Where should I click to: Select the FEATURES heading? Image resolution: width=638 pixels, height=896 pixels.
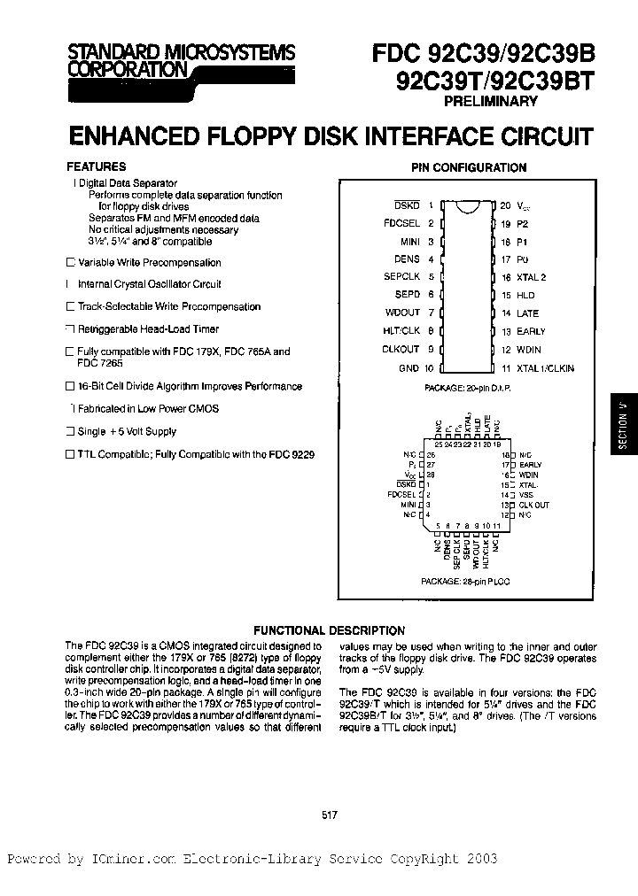tap(97, 166)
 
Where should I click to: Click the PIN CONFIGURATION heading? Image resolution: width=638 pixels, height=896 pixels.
tap(469, 167)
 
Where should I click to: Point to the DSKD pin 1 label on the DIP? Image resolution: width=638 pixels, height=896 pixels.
tap(407, 205)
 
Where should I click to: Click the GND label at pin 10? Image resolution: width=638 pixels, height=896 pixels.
tap(408, 367)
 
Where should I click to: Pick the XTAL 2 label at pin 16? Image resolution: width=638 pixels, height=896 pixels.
tap(532, 277)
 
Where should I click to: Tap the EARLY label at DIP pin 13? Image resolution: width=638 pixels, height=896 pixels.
tap(531, 331)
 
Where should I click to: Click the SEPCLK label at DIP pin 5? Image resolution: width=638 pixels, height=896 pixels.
tap(401, 277)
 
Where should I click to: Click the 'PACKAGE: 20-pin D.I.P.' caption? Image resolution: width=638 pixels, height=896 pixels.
tap(467, 388)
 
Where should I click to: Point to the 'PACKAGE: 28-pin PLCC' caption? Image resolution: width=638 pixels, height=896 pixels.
tap(466, 581)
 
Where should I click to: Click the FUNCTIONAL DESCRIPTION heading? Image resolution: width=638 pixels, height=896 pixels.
tap(328, 630)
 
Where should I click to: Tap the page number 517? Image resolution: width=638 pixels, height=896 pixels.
tap(327, 815)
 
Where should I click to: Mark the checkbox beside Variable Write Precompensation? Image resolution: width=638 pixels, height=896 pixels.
tap(71, 263)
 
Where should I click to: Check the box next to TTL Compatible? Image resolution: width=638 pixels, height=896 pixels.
tap(71, 454)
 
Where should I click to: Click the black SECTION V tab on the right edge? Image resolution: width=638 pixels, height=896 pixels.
tap(623, 425)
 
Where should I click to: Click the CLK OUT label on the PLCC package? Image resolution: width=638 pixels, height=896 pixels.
tap(534, 505)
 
